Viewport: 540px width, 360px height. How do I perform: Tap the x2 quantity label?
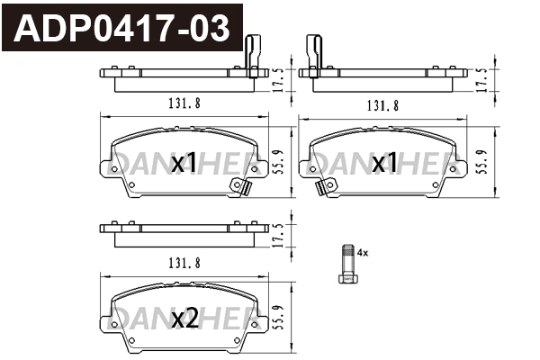pyautogui.click(x=184, y=318)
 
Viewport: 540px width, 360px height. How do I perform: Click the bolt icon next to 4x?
pyautogui.click(x=346, y=265)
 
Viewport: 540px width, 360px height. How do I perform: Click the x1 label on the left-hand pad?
pyautogui.click(x=184, y=163)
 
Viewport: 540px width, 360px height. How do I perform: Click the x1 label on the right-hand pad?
pyautogui.click(x=385, y=163)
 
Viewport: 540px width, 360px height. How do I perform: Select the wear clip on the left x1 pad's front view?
pyautogui.click(x=240, y=185)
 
